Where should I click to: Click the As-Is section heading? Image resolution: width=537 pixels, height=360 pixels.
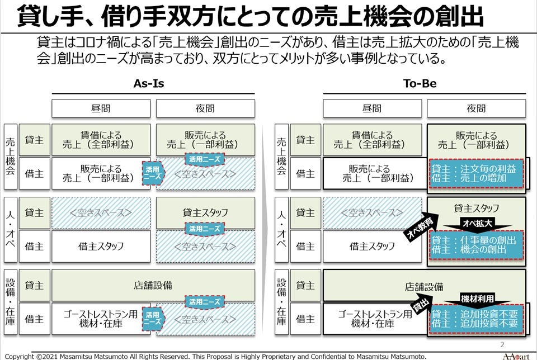(x=148, y=84)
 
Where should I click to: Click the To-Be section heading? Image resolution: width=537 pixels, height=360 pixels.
(x=420, y=84)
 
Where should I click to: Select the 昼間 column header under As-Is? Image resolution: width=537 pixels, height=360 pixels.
(x=101, y=108)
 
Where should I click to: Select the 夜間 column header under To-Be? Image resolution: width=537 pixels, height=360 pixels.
(x=476, y=108)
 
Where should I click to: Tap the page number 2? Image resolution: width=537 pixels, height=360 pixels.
(x=502, y=344)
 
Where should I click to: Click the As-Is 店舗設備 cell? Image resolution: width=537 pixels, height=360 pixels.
(x=153, y=286)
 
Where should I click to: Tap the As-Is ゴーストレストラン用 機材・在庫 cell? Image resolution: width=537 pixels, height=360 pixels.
(x=101, y=319)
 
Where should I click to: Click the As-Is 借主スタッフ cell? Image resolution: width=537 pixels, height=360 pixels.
(x=101, y=246)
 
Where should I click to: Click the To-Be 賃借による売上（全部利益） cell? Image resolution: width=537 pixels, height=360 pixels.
(x=372, y=140)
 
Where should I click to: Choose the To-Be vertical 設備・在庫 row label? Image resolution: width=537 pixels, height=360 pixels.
(x=281, y=302)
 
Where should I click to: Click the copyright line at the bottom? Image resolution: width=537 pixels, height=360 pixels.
(x=215, y=356)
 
